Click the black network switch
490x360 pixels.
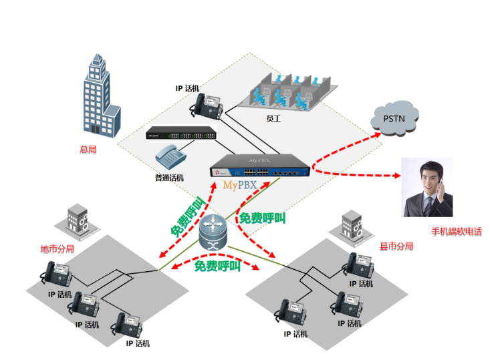pyautogui.click(x=182, y=134)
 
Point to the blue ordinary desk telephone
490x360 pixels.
pyautogui.click(x=170, y=158)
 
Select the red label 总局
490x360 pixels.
pyautogui.click(x=87, y=150)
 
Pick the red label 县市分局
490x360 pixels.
pyautogui.click(x=396, y=246)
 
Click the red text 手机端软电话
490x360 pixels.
pyautogui.click(x=456, y=232)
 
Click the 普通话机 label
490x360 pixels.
pyautogui.click(x=169, y=178)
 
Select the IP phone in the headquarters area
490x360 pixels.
pyautogui.click(x=207, y=105)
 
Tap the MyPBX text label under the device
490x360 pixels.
pyautogui.click(x=239, y=184)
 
